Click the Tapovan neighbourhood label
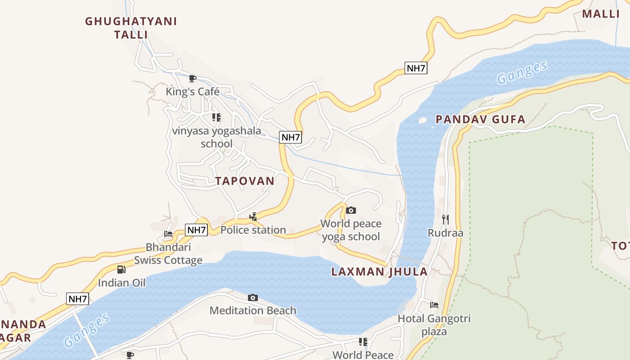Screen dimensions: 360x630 coord(244,181)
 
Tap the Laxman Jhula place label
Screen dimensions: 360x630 coord(379,272)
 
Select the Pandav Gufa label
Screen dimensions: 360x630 coord(480,119)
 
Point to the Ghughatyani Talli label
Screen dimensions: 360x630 coord(131,28)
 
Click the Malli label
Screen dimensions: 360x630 coord(601,13)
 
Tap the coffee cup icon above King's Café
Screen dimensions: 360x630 coord(193,79)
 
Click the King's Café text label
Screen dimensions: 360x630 coord(193,92)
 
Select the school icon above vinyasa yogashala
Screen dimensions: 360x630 coord(216,117)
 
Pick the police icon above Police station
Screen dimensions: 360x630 coord(253,217)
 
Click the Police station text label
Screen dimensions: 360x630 coord(253,230)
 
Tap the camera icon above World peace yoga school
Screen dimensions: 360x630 coord(351,210)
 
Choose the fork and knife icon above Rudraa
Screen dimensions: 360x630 coord(445,220)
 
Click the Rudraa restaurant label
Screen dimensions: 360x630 coord(445,233)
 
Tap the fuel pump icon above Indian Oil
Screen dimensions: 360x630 coord(121,270)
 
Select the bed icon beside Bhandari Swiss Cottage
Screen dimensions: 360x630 coord(168,234)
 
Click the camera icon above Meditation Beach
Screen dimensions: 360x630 coord(253,297)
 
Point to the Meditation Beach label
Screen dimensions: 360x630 coord(253,310)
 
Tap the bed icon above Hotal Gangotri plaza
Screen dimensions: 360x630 coord(434,305)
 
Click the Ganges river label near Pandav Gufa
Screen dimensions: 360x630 coord(522,72)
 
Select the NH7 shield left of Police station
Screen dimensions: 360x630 coord(196,230)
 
